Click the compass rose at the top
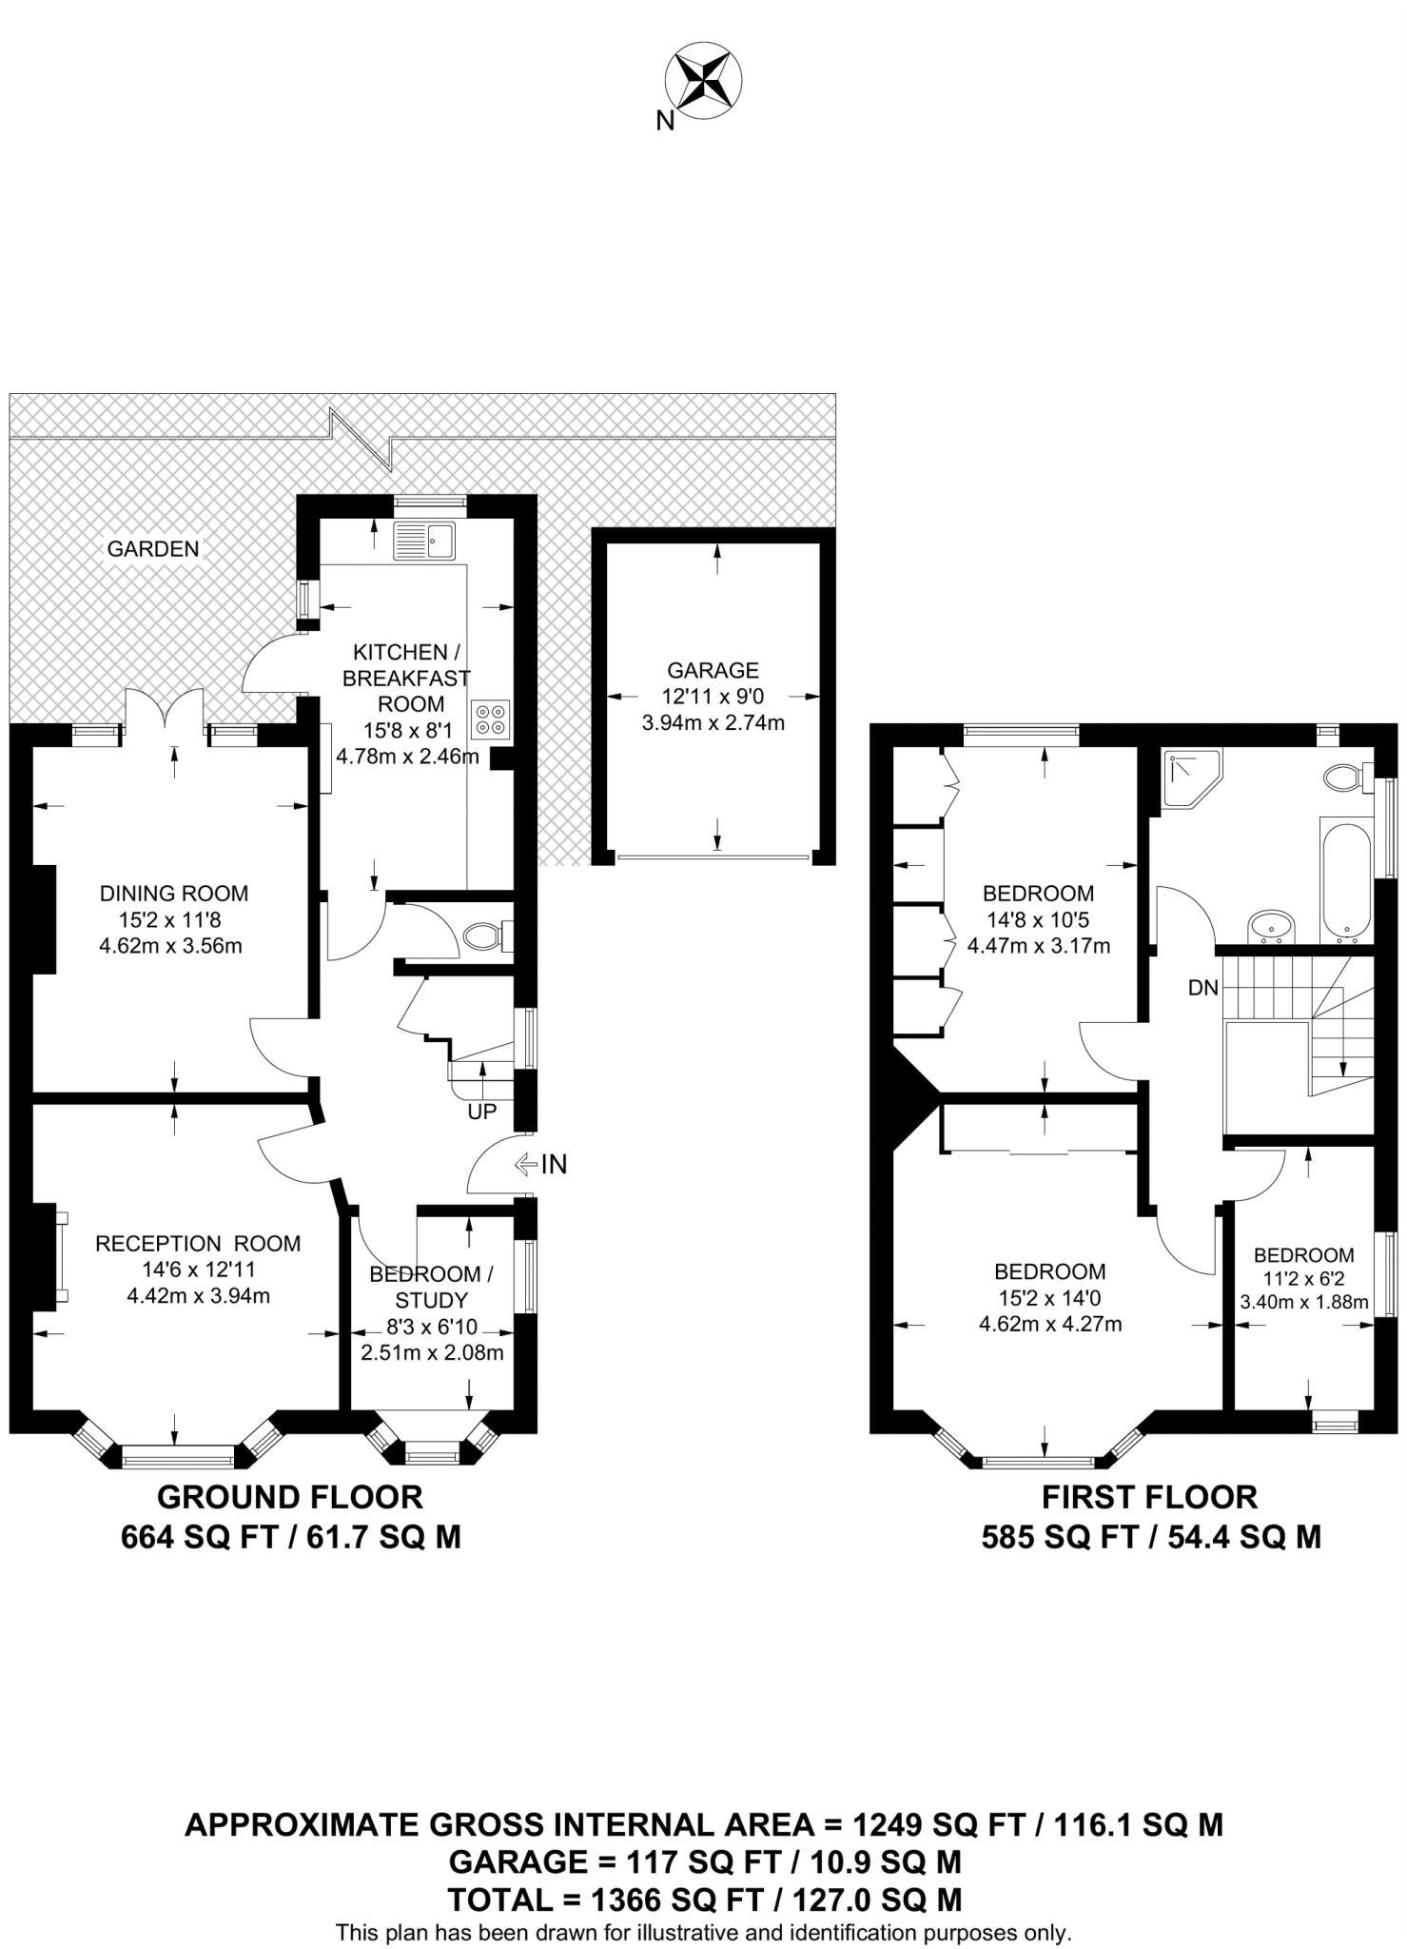tap(703, 79)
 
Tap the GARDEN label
tap(152, 548)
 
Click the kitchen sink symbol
tap(424, 541)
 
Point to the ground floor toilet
tap(485, 936)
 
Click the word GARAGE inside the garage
tap(713, 669)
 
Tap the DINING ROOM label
tap(174, 894)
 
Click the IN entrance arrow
tap(541, 1163)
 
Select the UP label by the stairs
tap(482, 1111)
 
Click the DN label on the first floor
tap(1202, 988)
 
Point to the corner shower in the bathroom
tap(1189, 778)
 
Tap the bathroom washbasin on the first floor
tap(1270, 924)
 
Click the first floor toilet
tap(1344, 778)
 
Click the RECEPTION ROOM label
tap(198, 1243)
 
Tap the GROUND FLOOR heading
tap(289, 1497)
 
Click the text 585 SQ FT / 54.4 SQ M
tap(1151, 1537)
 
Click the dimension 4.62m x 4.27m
tap(1050, 1324)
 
